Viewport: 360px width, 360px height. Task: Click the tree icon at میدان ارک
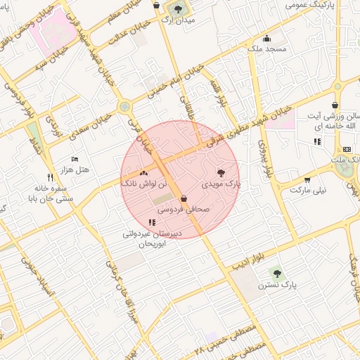coord(176,9)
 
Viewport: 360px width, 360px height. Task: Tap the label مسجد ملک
coord(266,49)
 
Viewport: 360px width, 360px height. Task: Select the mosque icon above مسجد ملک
coord(266,38)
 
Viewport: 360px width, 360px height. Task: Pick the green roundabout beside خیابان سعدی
coord(125,107)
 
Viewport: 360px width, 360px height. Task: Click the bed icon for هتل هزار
coord(76,160)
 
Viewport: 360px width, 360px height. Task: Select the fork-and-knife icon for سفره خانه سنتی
coord(49,177)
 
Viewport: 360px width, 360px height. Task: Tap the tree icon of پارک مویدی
coord(222,172)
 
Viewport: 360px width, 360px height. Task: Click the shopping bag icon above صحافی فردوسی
coord(184,198)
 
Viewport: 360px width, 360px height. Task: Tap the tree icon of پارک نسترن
coord(276,273)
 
